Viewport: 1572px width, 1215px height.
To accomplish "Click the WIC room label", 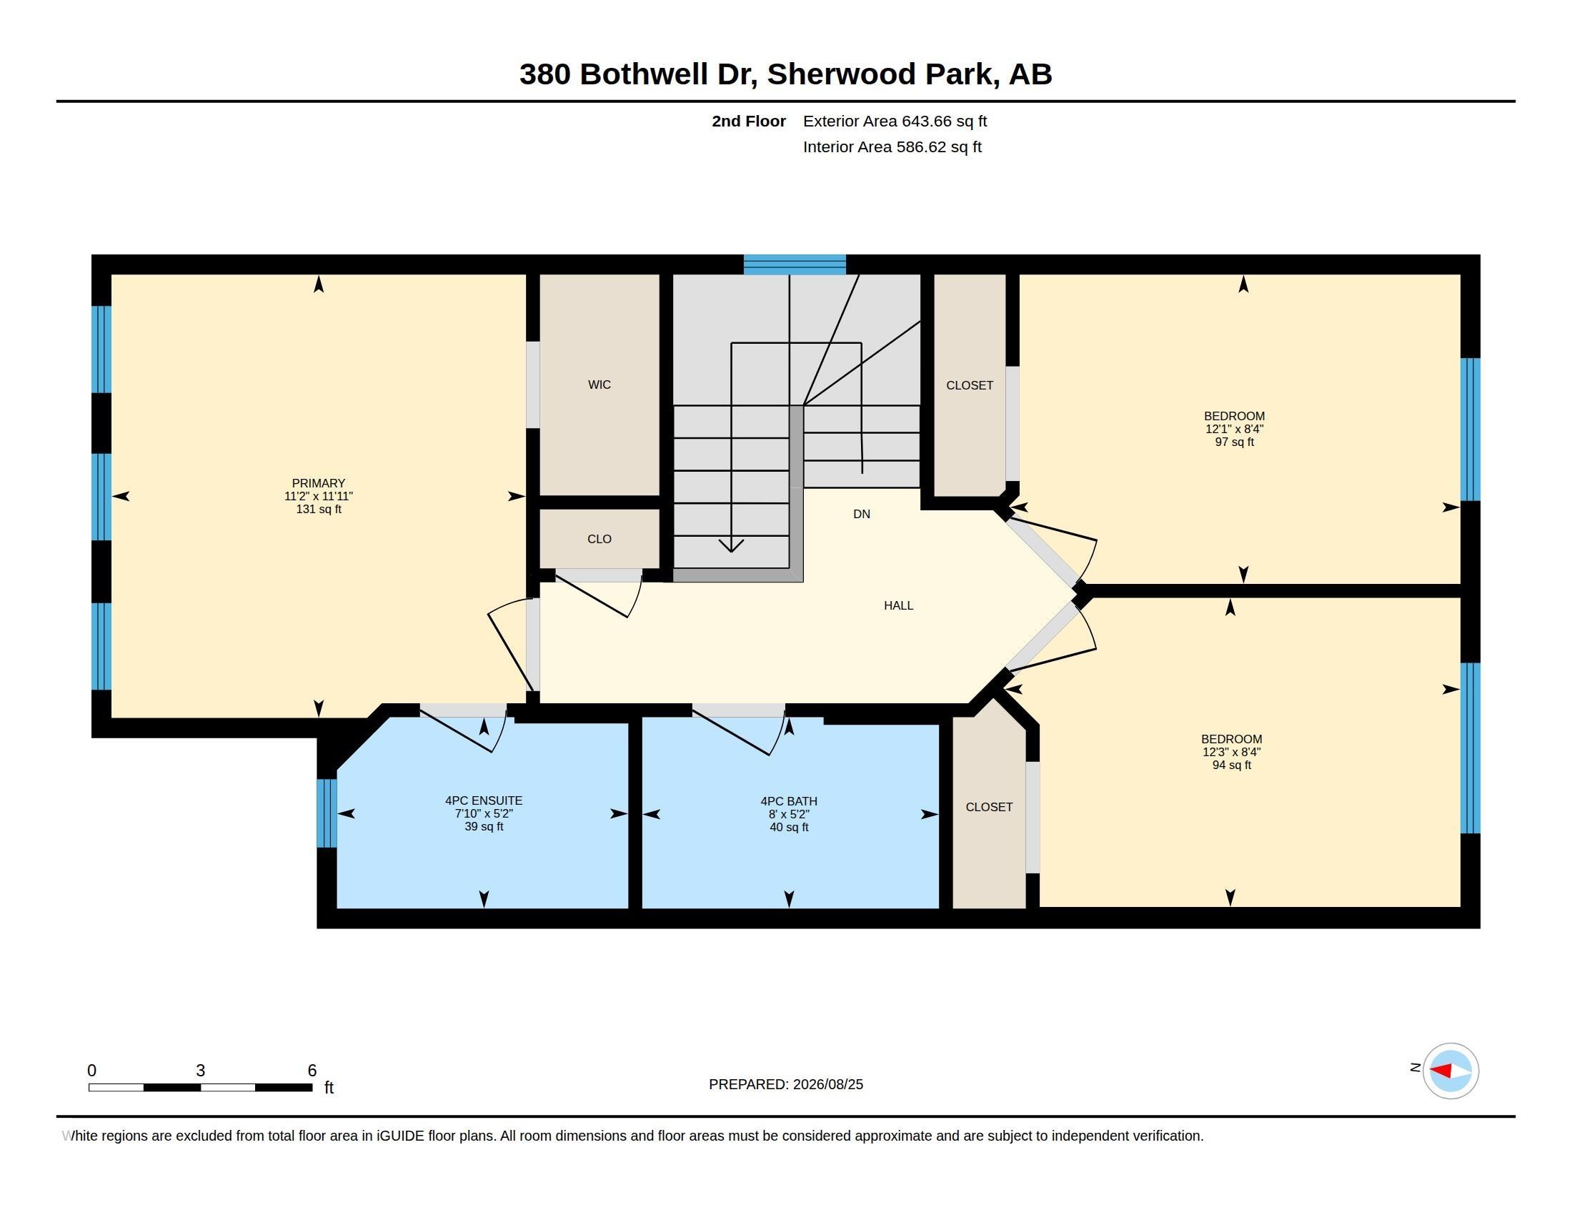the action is [599, 385].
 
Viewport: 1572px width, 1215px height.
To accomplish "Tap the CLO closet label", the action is [599, 539].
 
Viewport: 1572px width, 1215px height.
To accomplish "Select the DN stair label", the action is [862, 514].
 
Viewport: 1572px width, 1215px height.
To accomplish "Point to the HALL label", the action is [898, 605].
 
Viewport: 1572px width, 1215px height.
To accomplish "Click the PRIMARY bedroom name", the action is [318, 483].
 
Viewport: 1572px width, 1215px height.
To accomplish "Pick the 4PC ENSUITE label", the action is [484, 800].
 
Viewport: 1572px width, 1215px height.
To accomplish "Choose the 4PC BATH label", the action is [789, 801].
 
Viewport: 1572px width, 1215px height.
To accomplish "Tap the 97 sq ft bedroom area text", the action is [1235, 442].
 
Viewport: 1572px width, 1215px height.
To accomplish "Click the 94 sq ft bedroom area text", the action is [1232, 765].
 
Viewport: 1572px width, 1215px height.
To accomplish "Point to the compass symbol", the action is [1451, 1071].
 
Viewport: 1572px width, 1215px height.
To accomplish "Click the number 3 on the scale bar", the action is [200, 1071].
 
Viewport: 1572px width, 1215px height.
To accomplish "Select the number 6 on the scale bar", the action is [312, 1071].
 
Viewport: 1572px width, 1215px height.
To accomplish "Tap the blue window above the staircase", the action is [795, 264].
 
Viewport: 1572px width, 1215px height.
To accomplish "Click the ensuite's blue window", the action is [327, 813].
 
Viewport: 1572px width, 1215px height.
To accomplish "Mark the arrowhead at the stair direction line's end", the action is [731, 545].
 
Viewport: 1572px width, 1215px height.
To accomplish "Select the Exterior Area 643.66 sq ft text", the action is [895, 121].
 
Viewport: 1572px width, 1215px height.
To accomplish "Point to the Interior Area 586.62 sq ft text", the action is [892, 147].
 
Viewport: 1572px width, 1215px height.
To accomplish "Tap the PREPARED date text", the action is [785, 1084].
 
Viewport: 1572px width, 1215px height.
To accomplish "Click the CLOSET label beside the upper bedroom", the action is [970, 385].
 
